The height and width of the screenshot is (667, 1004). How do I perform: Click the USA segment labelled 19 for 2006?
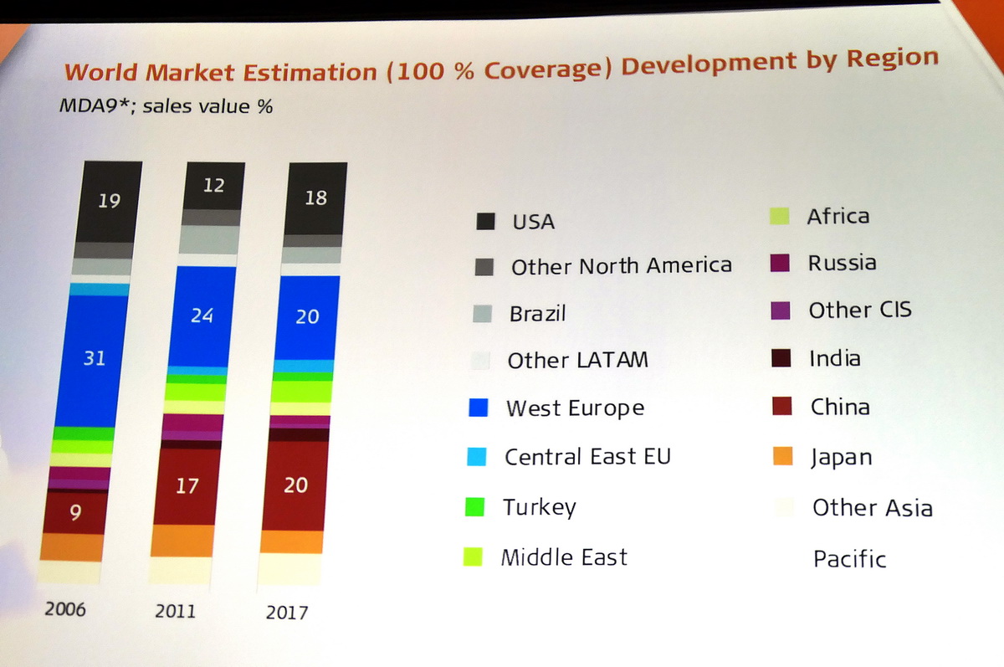(x=108, y=201)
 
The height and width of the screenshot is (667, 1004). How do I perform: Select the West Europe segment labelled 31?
(x=95, y=358)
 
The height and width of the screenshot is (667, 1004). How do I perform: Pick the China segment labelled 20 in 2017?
(x=295, y=485)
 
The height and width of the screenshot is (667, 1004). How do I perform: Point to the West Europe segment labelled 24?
(x=202, y=316)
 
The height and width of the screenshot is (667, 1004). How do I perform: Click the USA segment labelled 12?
(x=213, y=185)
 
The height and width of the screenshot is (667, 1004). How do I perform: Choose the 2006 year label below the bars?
(x=64, y=608)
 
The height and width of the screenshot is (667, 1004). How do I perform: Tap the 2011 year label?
(x=175, y=610)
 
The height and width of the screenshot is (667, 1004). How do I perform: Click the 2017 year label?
(x=286, y=612)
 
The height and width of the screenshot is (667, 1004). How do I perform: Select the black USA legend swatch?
(x=484, y=221)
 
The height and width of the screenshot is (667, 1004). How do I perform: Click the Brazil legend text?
(x=537, y=314)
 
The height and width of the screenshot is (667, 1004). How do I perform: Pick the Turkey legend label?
(x=539, y=507)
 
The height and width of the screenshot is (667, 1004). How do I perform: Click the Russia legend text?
(x=842, y=263)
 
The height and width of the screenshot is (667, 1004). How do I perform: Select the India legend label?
(x=834, y=358)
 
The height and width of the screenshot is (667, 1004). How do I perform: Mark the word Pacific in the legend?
(x=849, y=558)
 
